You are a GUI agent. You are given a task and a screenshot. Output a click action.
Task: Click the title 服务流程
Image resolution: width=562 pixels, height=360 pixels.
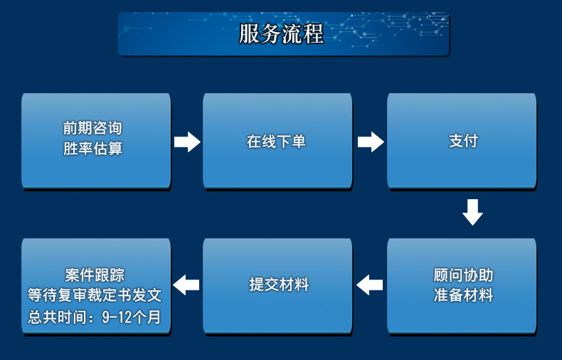click(x=282, y=34)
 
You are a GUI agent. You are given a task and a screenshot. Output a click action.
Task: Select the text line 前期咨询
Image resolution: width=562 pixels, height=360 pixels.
click(x=92, y=128)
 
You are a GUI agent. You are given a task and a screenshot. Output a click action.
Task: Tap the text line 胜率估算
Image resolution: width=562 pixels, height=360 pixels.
click(x=92, y=149)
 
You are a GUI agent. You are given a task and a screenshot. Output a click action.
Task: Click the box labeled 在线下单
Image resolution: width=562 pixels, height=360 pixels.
click(x=277, y=141)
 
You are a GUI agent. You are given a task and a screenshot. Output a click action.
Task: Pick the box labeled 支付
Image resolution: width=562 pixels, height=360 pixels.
click(x=462, y=141)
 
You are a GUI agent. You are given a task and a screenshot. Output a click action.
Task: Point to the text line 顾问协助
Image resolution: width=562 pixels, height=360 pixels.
click(x=463, y=275)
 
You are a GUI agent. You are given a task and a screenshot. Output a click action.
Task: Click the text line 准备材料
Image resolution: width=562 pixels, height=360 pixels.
click(x=463, y=295)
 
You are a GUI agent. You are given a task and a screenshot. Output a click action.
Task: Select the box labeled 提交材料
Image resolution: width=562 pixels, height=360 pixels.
click(x=277, y=286)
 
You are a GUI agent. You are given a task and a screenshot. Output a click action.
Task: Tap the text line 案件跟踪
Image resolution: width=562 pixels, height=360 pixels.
click(x=95, y=275)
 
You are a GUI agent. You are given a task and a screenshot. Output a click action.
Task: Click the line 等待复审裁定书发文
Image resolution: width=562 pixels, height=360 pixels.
click(x=95, y=295)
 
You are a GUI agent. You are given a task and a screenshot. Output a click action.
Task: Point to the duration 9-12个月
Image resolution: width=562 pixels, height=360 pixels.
click(x=131, y=317)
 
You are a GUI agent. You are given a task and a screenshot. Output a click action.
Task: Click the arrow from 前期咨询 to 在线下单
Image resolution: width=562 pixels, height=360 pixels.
click(x=187, y=142)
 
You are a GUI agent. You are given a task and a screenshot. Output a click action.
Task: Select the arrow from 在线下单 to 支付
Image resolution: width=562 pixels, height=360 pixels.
click(x=371, y=142)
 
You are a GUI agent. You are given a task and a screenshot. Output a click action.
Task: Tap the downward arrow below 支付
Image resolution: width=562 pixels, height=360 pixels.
click(x=472, y=212)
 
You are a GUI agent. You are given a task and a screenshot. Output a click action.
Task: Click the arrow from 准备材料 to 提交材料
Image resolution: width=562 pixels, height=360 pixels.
click(x=369, y=285)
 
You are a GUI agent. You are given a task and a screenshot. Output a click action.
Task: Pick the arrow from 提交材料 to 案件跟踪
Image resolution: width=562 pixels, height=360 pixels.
click(x=186, y=285)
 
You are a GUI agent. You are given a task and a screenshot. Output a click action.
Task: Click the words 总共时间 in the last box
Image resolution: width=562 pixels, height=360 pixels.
click(x=58, y=317)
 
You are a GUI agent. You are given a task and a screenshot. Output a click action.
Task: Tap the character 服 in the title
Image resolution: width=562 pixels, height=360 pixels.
click(x=249, y=34)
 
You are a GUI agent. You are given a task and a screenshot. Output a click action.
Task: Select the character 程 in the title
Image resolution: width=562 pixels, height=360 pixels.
click(x=314, y=34)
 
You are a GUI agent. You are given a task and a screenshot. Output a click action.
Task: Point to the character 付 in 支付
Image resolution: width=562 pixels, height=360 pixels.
click(x=471, y=141)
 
